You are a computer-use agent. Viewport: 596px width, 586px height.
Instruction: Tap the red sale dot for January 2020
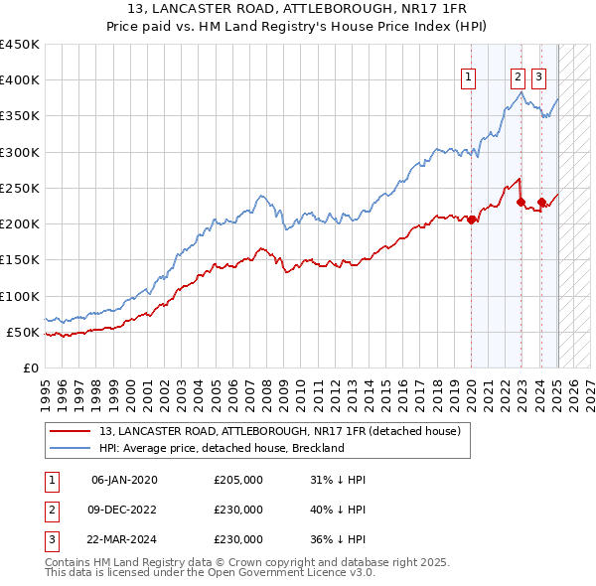471,220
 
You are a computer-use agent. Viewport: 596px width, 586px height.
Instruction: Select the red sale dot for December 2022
521,202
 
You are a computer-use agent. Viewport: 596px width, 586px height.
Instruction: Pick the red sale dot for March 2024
541,202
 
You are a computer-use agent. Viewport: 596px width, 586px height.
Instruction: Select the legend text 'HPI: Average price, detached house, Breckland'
221,448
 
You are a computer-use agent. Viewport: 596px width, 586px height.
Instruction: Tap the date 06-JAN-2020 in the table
124,481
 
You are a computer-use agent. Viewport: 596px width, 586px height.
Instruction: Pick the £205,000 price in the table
238,481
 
